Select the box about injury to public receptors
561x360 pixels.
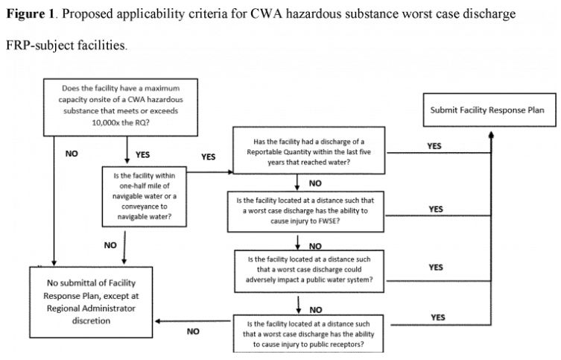click(307, 332)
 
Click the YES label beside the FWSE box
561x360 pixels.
click(436, 209)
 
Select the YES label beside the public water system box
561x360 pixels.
click(436, 267)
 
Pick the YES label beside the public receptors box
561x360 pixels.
click(439, 317)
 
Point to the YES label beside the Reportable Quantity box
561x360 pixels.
click(434, 146)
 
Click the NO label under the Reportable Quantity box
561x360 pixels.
click(316, 182)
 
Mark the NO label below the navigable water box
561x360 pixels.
click(110, 244)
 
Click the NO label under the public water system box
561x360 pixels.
click(316, 307)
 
